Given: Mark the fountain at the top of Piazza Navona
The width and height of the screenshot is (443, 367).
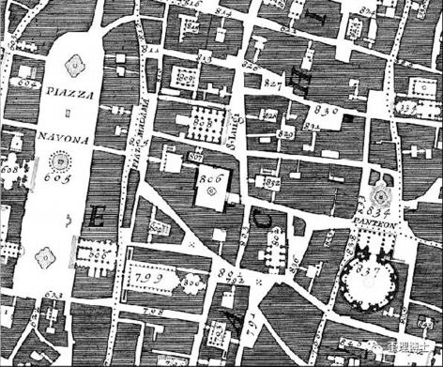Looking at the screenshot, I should pos(71,66).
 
